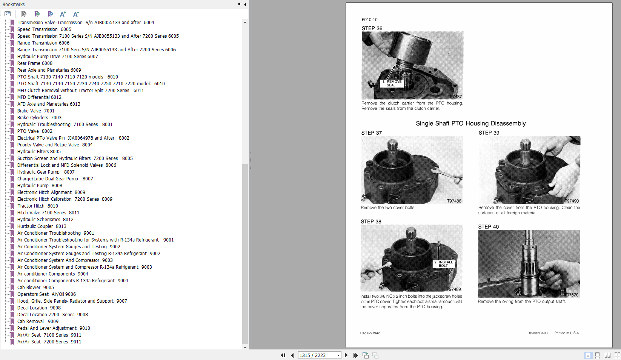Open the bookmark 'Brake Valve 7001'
coord(36,111)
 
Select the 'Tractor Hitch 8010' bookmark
coord(37,206)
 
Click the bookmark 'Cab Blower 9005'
coord(35,288)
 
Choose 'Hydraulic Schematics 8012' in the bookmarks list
coord(45,220)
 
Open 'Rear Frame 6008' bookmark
coord(35,63)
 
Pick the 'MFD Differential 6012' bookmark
coord(39,97)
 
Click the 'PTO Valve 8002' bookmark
coord(35,131)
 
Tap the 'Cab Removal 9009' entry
coord(38,322)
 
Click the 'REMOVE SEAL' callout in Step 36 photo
coord(391,83)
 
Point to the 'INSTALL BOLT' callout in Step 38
coord(443,264)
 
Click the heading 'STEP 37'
coord(371,133)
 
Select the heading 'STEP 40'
coord(488,227)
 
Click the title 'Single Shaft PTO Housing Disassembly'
coord(470,123)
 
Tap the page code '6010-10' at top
coord(369,20)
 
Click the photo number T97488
coord(454,201)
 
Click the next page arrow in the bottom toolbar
coord(346,355)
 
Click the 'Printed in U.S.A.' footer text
coord(567,333)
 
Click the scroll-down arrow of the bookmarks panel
coord(245,347)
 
